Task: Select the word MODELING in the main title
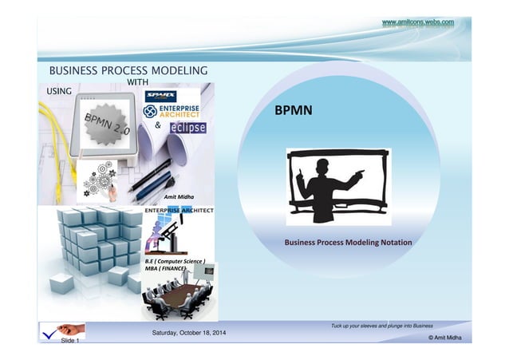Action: (180, 71)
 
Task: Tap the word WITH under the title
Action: (140, 82)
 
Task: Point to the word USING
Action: (59, 91)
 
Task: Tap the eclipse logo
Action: (186, 127)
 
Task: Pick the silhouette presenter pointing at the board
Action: (327, 185)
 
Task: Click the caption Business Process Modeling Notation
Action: (343, 241)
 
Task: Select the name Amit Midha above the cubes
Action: (179, 196)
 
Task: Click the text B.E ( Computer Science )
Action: (176, 261)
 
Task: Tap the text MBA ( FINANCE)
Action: (166, 269)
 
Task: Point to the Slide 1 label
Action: (70, 340)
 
